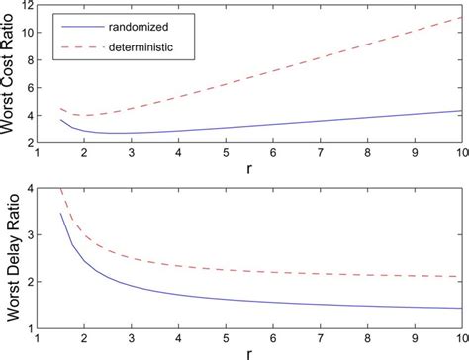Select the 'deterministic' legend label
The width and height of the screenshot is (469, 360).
(x=131, y=45)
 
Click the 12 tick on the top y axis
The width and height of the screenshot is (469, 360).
(x=27, y=6)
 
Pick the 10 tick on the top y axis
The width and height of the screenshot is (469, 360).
(x=27, y=33)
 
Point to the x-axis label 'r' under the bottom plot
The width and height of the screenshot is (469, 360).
(x=248, y=352)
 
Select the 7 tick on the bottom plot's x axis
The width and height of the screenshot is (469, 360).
(x=321, y=337)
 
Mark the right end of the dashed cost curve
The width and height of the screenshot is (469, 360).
(x=461, y=17)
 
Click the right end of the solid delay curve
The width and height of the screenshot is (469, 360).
(x=461, y=307)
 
